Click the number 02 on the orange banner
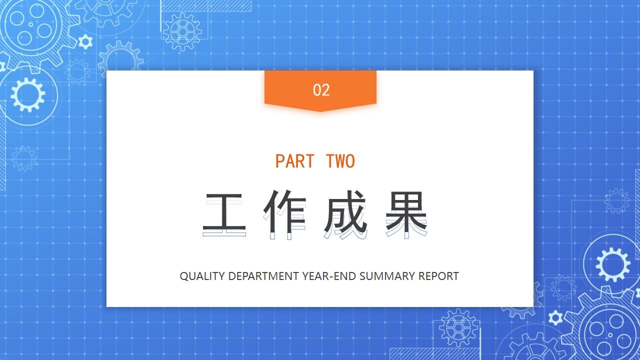click(x=321, y=90)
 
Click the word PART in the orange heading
click(x=295, y=161)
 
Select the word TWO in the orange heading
click(x=340, y=161)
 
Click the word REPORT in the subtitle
click(x=438, y=276)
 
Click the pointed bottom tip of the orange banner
click(x=320, y=110)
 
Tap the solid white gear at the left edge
click(x=27, y=94)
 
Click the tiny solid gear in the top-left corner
click(x=85, y=41)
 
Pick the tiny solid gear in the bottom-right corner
click(x=555, y=317)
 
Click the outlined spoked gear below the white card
click(x=458, y=328)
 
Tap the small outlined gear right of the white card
click(x=617, y=201)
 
